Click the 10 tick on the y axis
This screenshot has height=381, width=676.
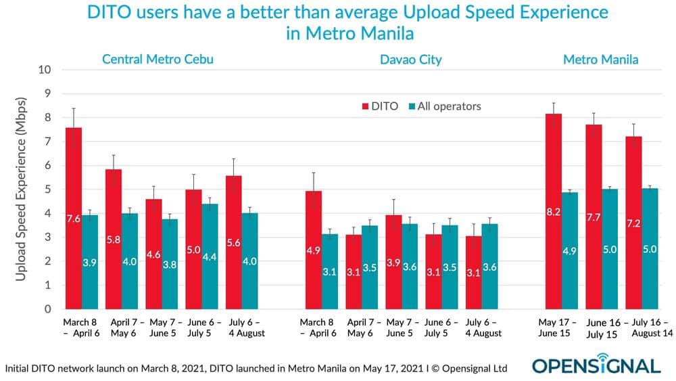[x=44, y=70]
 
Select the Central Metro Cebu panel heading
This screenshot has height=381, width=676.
[x=158, y=60]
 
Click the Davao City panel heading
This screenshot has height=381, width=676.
[x=410, y=60]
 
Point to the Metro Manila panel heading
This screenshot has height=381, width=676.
[x=600, y=60]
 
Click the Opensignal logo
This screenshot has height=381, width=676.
[x=596, y=365]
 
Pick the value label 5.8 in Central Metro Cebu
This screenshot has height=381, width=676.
[x=114, y=239]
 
